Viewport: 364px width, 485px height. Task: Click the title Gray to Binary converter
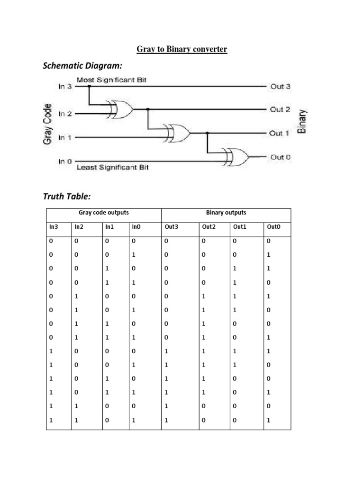[x=182, y=49]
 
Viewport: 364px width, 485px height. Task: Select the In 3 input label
[x=65, y=87]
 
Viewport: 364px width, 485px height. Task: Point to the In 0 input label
[x=65, y=161]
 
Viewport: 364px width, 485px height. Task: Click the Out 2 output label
[x=280, y=109]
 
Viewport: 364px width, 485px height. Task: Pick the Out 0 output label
[x=280, y=157]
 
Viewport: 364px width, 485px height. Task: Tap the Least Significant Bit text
[x=113, y=168]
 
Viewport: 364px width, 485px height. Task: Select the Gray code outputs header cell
[x=103, y=213]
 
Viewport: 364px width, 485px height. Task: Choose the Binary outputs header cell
[x=226, y=213]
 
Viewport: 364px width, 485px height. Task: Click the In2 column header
[x=78, y=227]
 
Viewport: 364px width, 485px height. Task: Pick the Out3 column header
[x=171, y=227]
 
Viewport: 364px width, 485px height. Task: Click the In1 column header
[x=109, y=227]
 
